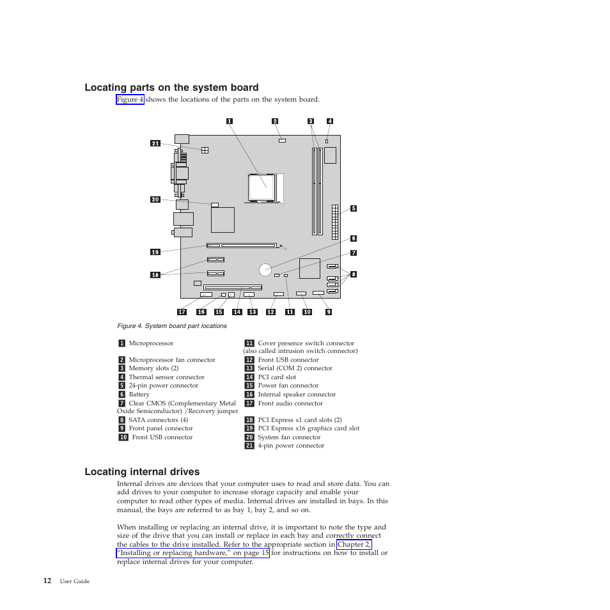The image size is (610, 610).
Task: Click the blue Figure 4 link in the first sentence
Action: (x=130, y=100)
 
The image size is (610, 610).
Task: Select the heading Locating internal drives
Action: (x=142, y=472)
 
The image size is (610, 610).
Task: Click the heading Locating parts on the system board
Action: (x=171, y=88)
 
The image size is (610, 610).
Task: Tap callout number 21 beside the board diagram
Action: (x=155, y=143)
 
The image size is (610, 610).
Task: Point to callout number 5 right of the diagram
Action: (x=353, y=208)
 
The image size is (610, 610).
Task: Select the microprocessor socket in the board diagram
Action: (x=262, y=188)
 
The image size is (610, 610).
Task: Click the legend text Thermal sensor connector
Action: (x=166, y=377)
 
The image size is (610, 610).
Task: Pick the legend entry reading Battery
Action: (x=139, y=395)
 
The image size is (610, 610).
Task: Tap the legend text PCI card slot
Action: (x=277, y=377)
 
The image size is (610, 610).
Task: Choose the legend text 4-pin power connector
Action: (x=291, y=446)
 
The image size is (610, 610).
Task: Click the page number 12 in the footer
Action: (x=47, y=581)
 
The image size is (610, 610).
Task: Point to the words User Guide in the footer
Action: (x=75, y=581)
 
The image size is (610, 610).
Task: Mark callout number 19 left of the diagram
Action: (x=155, y=252)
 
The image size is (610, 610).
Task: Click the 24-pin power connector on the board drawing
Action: (x=335, y=221)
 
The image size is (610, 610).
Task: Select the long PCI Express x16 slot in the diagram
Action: (x=242, y=245)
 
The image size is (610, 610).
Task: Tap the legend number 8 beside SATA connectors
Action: (x=121, y=420)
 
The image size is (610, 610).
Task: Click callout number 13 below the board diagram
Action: (x=252, y=312)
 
